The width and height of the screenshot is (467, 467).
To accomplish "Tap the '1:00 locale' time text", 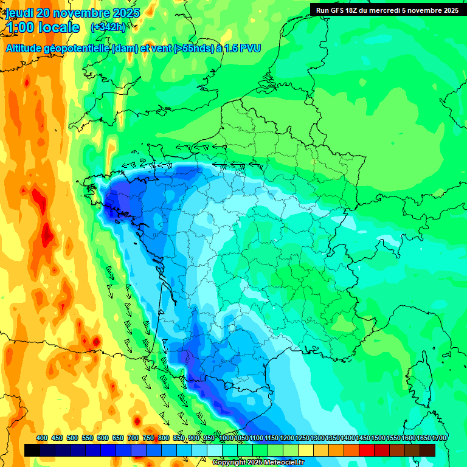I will (43, 27).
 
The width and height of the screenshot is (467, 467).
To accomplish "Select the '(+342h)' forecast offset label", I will (109, 27).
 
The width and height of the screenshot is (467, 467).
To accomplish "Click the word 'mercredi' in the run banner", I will (387, 10).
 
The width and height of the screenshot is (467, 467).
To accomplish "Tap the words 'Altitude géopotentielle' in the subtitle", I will (58, 48).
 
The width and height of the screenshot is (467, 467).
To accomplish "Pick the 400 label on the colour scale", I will (42, 438).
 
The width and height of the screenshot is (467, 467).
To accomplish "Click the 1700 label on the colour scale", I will (438, 438).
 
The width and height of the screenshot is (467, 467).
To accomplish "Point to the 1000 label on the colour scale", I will (226, 438).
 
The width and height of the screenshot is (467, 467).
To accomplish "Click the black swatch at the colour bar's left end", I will (32, 450).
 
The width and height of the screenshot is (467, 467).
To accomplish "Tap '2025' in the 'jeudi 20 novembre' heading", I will (125, 13).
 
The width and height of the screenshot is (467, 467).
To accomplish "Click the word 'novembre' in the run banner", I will (426, 10).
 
